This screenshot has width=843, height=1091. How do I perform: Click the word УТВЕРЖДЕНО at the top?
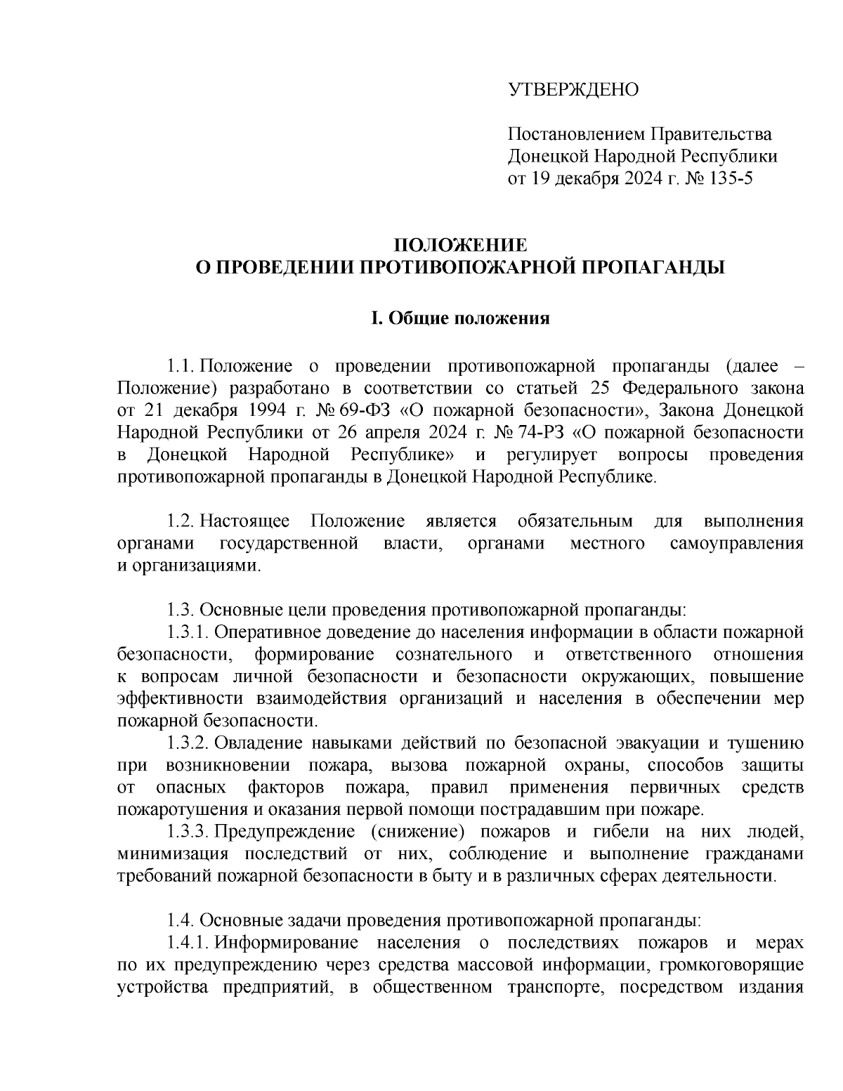tap(573, 90)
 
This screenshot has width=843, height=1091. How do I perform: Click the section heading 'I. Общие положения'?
tap(459, 318)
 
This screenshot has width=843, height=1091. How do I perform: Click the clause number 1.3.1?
tap(188, 632)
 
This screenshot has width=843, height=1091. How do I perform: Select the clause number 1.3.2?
tap(188, 743)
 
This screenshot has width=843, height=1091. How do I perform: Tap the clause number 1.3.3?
tap(188, 832)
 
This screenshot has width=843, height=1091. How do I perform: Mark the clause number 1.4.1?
tap(188, 942)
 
